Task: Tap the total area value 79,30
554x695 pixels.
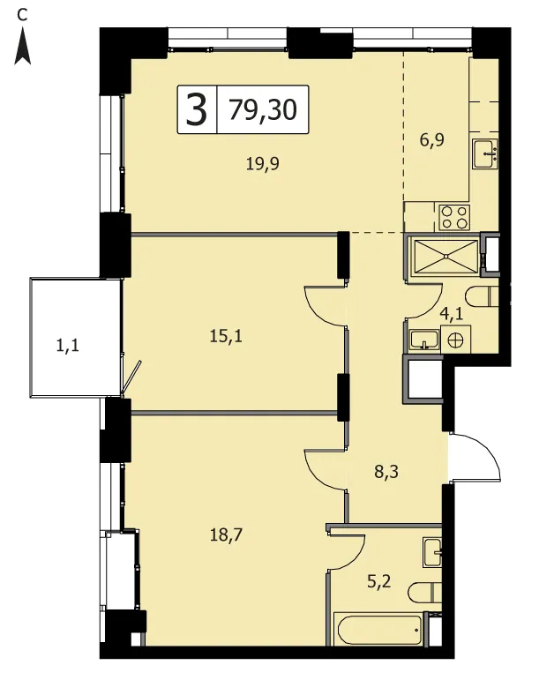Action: point(263,109)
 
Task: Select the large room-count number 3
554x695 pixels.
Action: point(197,109)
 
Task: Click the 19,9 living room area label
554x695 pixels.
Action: point(263,164)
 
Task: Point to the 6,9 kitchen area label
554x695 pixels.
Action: point(431,140)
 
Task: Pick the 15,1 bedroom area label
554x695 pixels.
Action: point(226,336)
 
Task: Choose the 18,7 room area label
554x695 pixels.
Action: point(226,535)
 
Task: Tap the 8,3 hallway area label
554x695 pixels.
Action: point(386,472)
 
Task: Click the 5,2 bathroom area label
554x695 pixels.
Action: point(379,581)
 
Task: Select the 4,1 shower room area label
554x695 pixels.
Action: point(452,314)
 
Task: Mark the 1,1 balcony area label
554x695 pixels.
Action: point(68,345)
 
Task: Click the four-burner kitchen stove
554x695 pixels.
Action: point(454,217)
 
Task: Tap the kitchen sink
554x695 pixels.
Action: point(485,153)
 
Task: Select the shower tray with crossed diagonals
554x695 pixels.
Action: point(445,256)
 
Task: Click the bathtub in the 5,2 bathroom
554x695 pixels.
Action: point(380,630)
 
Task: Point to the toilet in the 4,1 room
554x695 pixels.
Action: point(482,297)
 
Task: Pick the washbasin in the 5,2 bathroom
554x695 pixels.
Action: point(432,552)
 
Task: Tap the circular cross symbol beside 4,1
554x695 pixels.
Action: point(456,340)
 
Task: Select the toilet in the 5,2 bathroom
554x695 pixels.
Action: point(425,592)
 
